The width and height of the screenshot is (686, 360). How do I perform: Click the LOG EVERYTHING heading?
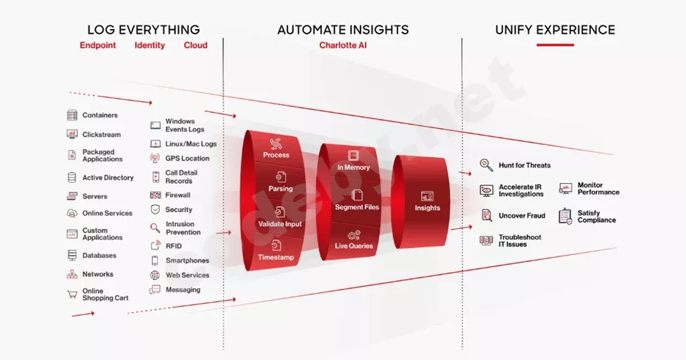(x=143, y=30)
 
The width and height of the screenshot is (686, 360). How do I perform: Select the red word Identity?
(x=149, y=45)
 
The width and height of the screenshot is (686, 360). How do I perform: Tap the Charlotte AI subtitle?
(x=343, y=45)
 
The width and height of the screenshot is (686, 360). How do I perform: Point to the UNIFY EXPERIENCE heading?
(x=555, y=30)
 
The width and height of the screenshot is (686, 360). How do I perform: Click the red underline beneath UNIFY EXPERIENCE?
(x=555, y=45)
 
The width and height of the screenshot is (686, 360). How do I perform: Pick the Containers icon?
(x=72, y=116)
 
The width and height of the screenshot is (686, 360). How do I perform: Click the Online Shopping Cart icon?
(x=72, y=294)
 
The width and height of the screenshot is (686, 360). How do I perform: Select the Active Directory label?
(x=108, y=178)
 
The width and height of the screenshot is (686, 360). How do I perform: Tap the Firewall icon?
(x=155, y=195)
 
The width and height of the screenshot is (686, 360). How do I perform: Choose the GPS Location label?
(x=187, y=159)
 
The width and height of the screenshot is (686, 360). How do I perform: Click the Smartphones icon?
(x=155, y=261)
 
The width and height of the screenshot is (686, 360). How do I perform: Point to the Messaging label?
(x=183, y=290)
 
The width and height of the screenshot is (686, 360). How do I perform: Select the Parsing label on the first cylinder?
(x=280, y=189)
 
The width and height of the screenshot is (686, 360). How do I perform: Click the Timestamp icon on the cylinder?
(x=277, y=245)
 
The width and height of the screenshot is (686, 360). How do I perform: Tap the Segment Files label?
(x=356, y=207)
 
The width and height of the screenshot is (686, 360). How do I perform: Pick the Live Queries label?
(x=354, y=246)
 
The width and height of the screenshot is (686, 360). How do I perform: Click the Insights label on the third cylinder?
(x=427, y=208)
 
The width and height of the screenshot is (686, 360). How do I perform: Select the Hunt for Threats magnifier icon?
(x=486, y=166)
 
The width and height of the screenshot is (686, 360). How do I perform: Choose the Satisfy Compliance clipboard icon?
(x=566, y=216)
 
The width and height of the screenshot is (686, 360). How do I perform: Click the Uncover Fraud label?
(x=522, y=216)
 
